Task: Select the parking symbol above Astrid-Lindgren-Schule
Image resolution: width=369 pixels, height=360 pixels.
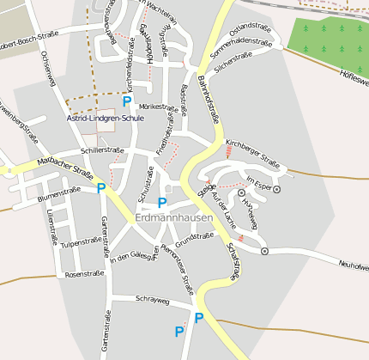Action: click(127, 101)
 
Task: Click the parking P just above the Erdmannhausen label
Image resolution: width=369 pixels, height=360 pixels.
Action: click(162, 203)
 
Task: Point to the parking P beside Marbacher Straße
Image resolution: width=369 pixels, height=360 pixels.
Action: click(101, 188)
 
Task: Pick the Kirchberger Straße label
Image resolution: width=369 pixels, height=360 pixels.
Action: click(253, 151)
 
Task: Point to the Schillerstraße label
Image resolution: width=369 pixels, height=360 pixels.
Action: click(97, 150)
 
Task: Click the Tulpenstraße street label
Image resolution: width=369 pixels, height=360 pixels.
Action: click(82, 243)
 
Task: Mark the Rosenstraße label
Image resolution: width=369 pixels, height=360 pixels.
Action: click(84, 274)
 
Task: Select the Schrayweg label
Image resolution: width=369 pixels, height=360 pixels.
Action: click(154, 301)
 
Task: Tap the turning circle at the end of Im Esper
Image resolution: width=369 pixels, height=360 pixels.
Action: click(277, 188)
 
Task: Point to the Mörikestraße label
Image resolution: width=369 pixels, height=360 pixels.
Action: click(145, 106)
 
